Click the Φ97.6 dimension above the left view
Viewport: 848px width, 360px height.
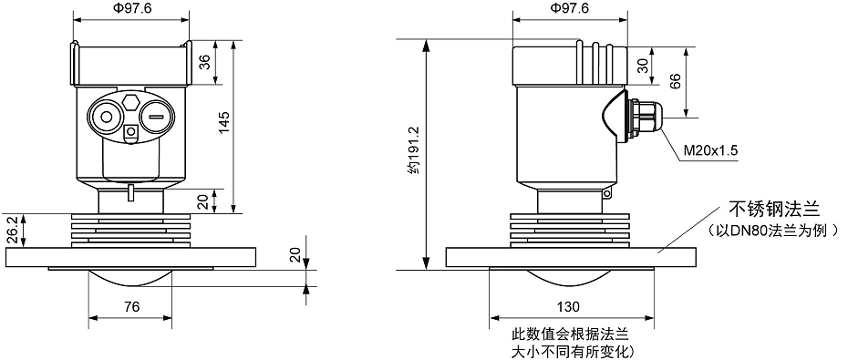pyautogui.click(x=130, y=8)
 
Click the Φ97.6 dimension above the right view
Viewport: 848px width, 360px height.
pyautogui.click(x=570, y=8)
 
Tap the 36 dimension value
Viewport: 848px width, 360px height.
pyautogui.click(x=204, y=62)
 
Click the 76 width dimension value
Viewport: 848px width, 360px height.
pyautogui.click(x=130, y=307)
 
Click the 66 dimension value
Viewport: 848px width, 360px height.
pyautogui.click(x=676, y=82)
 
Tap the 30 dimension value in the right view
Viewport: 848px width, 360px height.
pyautogui.click(x=644, y=66)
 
